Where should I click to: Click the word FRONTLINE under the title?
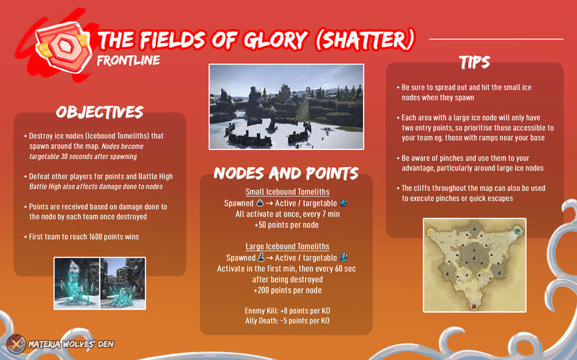(128, 60)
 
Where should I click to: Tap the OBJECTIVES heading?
(99, 112)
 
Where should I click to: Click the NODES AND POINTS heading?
(286, 173)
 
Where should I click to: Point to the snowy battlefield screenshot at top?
(286, 106)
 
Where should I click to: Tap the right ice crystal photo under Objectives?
(123, 283)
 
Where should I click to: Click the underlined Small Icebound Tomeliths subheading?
(286, 191)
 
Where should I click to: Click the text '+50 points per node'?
(286, 224)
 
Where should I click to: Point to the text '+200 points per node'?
(286, 290)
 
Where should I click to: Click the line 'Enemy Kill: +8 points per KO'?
(286, 310)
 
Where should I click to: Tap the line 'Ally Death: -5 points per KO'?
(286, 321)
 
